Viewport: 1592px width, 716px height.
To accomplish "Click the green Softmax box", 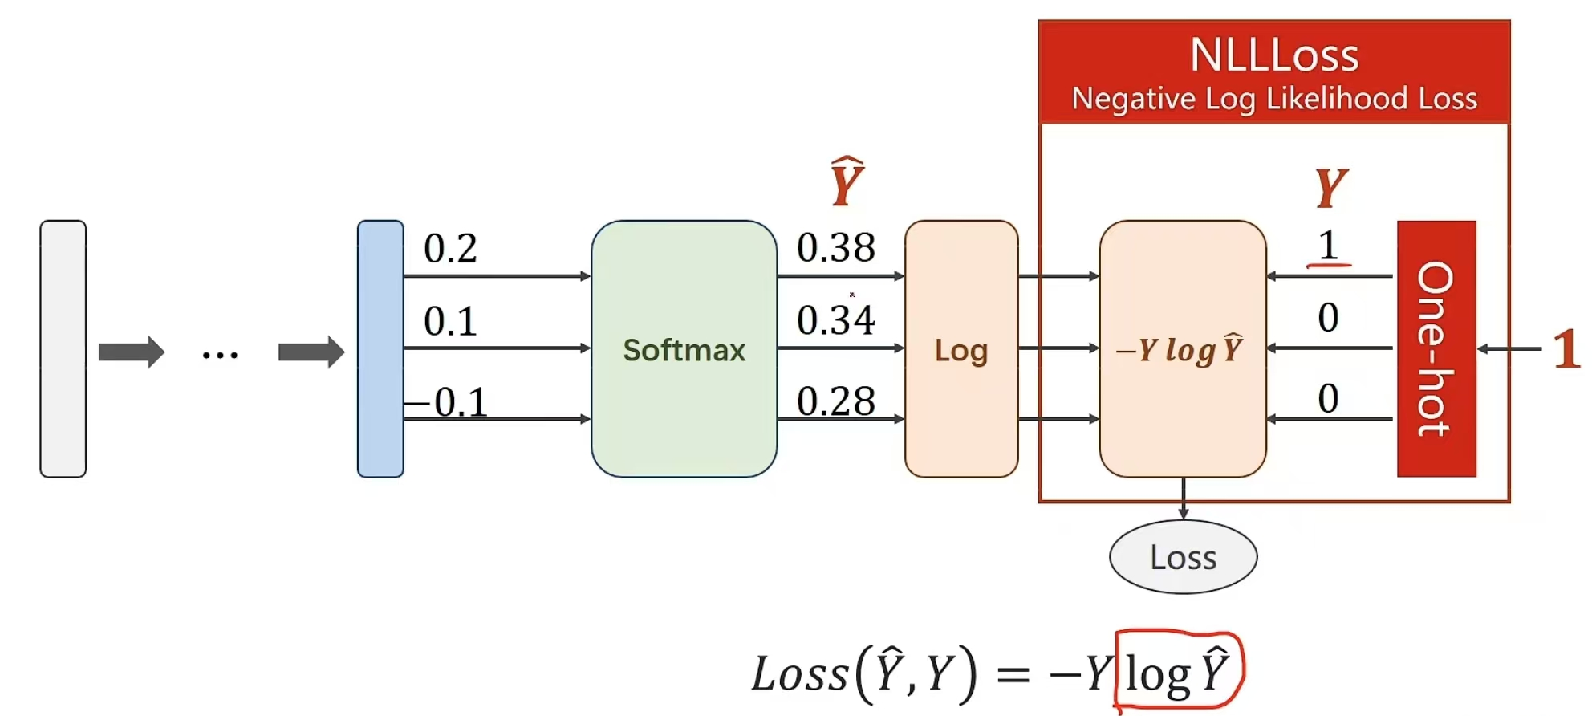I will click(x=684, y=349).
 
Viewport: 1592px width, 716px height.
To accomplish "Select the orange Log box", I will click(x=960, y=349).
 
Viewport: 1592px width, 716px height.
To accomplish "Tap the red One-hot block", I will click(x=1436, y=349).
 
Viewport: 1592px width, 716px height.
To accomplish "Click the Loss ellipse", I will click(x=1183, y=557).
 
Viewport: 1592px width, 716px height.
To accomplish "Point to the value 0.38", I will click(x=835, y=247).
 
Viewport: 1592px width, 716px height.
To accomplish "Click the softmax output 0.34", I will click(x=835, y=319).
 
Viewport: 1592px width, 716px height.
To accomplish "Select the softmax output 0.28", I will click(x=835, y=401).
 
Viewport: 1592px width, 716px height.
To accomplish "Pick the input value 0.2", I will click(x=450, y=248).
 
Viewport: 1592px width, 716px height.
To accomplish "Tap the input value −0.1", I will click(x=449, y=401).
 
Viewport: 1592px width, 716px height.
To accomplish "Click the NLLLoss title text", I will click(x=1274, y=55).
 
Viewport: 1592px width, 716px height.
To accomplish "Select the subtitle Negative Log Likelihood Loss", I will click(x=1274, y=99).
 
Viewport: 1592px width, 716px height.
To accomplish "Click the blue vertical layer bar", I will click(x=380, y=349).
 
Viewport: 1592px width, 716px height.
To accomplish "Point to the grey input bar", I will click(x=63, y=349).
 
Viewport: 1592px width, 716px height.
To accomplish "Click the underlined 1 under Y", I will click(x=1329, y=246).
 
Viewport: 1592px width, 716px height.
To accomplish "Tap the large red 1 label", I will click(x=1566, y=348).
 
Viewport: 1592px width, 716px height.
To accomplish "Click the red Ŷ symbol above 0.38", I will click(x=846, y=181).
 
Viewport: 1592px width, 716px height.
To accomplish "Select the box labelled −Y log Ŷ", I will click(x=1182, y=349).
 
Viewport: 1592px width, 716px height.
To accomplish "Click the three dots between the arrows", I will click(x=220, y=354).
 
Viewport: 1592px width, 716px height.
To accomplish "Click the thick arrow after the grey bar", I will click(x=131, y=352).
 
